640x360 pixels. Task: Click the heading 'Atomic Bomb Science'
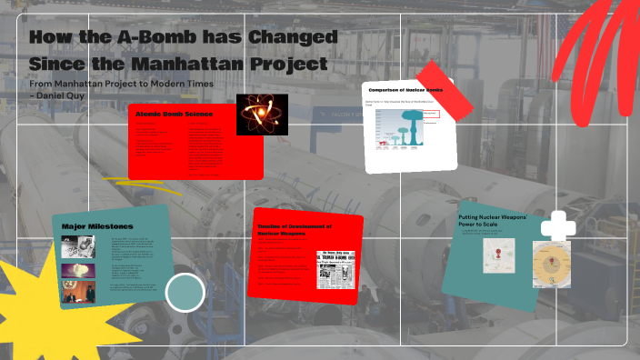174,114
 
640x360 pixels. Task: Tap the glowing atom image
262,115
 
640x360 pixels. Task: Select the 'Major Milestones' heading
98,225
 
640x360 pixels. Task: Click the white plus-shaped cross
557,227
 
